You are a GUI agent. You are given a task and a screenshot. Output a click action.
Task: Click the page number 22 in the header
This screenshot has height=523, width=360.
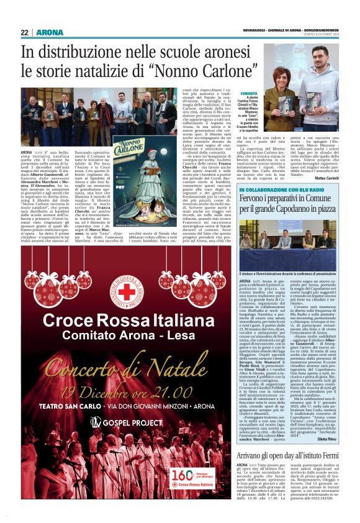pos(24,33)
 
